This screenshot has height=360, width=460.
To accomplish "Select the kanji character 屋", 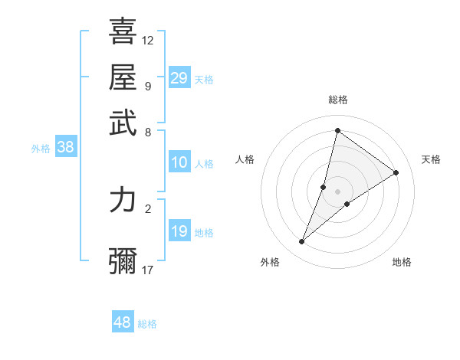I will pyautogui.click(x=123, y=77).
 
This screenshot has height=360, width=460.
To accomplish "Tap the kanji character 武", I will pyautogui.click(x=123, y=123).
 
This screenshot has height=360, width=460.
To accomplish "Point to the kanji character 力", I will pyautogui.click(x=123, y=201).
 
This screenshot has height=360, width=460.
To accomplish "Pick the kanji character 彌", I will pyautogui.click(x=123, y=260).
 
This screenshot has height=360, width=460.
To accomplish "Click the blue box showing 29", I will pyautogui.click(x=179, y=78).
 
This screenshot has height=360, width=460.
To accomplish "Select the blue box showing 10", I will pyautogui.click(x=179, y=162).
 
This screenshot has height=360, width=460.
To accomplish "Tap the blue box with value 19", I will pyautogui.click(x=179, y=231).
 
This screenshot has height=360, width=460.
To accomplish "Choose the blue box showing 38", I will pyautogui.click(x=65, y=148).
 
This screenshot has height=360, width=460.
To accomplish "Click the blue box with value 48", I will pyautogui.click(x=123, y=322).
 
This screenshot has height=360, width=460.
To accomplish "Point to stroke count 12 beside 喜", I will pyautogui.click(x=148, y=40).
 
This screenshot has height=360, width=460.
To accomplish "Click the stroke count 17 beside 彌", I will pyautogui.click(x=148, y=270).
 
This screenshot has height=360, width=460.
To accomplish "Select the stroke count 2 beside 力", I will pyautogui.click(x=147, y=208).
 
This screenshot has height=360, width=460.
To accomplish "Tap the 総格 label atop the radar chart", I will pyautogui.click(x=337, y=100).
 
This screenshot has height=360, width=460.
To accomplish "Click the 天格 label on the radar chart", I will pyautogui.click(x=431, y=159).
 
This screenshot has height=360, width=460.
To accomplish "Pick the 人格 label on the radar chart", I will pyautogui.click(x=245, y=159).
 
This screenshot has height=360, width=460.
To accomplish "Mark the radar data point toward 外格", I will pyautogui.click(x=302, y=242).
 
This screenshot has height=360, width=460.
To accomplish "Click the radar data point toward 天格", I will pyautogui.click(x=396, y=172).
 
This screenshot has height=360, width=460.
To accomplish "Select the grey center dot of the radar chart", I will pyautogui.click(x=337, y=191).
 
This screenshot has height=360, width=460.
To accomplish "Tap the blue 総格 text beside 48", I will pyautogui.click(x=147, y=324).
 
